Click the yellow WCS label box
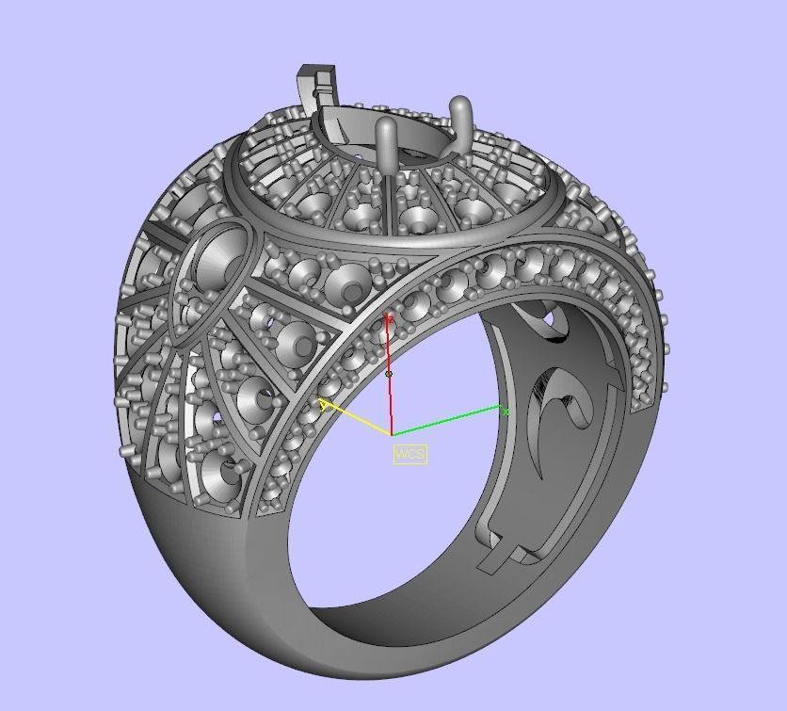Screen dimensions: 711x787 410,454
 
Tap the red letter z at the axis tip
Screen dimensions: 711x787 389,318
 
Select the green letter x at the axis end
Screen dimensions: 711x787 506,412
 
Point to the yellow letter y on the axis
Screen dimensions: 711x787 325,405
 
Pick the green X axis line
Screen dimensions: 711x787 447,421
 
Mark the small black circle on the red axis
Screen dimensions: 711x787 389,374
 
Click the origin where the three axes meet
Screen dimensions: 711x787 392,434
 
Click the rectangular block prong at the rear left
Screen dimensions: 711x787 314,85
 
